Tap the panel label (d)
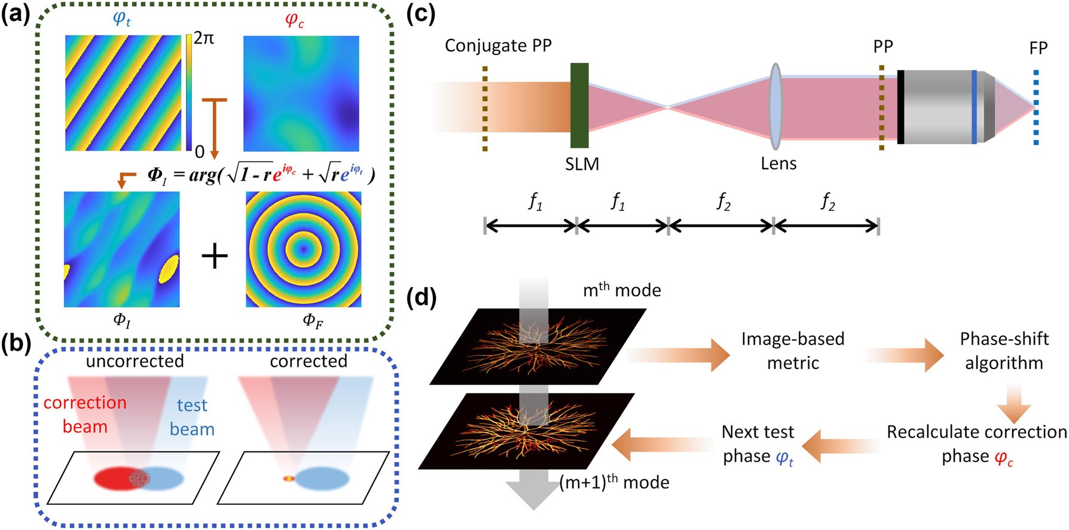(x=421, y=298)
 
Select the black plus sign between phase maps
(x=214, y=256)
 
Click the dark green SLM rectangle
(x=579, y=105)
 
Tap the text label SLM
(x=582, y=163)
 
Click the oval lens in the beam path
(x=775, y=106)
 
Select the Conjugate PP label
(x=498, y=45)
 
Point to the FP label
(x=1039, y=48)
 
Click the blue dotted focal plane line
(x=1036, y=108)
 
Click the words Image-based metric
(x=793, y=351)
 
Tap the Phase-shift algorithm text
(x=1004, y=351)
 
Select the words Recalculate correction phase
(x=976, y=443)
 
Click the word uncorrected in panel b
(x=135, y=361)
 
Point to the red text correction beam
(x=85, y=415)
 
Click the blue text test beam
(x=192, y=417)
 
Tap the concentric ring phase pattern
(x=303, y=249)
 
